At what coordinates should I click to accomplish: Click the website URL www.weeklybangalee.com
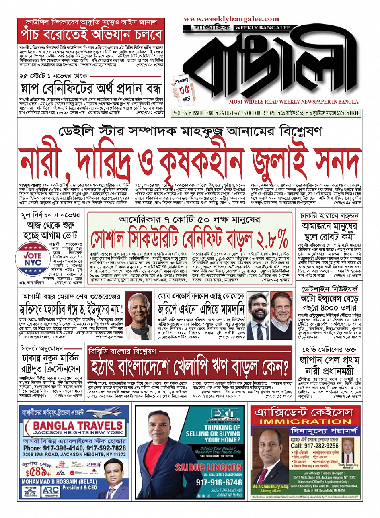pos(231,19)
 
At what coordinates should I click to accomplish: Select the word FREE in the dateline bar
pos(354,113)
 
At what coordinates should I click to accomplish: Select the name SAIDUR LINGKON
pos(209,468)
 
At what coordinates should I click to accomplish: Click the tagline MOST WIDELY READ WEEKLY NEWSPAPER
pos(294,102)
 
